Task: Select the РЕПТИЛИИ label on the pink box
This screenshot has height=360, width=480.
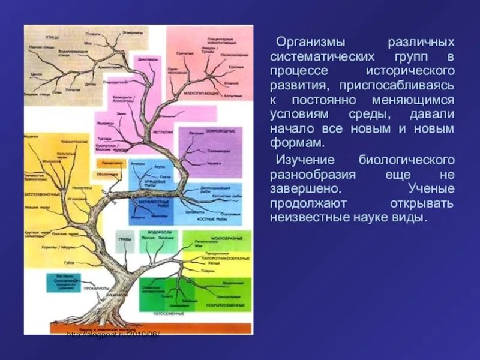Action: click(x=163, y=131)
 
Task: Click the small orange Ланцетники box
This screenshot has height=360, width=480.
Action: click(x=107, y=163)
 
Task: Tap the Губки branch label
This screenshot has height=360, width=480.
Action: click(x=70, y=263)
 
